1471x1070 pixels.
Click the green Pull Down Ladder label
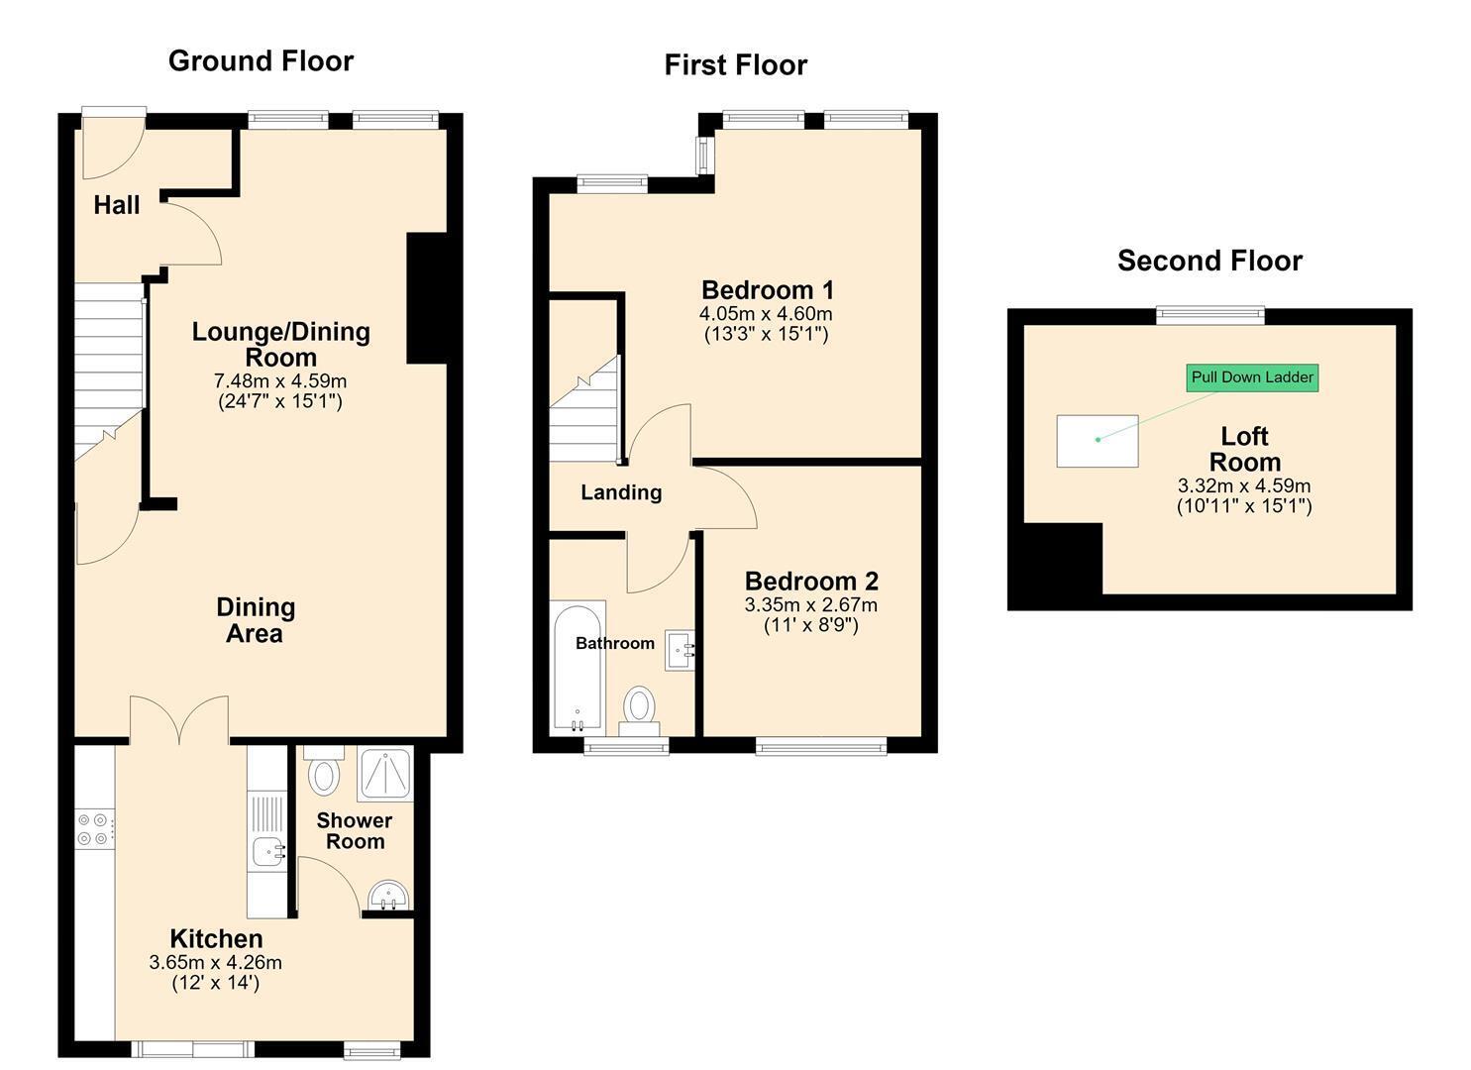point(1252,377)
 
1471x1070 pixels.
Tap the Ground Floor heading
point(261,61)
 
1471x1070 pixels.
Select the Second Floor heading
point(1209,261)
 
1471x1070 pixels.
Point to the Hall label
point(116,205)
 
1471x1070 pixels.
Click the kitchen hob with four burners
point(94,829)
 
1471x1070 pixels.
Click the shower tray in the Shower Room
point(385,773)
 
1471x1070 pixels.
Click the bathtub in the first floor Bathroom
point(578,668)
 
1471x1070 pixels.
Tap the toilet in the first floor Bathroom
point(640,711)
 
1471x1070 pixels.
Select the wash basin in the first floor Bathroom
point(680,650)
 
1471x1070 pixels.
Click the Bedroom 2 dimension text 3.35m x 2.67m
point(811,605)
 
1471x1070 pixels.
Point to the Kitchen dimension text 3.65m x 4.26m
point(216,963)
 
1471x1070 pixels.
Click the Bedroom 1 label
point(767,289)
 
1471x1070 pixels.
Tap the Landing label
point(621,492)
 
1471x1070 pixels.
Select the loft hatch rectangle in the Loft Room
point(1098,441)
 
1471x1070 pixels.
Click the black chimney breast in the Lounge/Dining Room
point(427,297)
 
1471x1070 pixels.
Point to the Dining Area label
point(256,620)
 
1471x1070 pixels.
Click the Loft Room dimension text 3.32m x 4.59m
point(1244,486)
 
